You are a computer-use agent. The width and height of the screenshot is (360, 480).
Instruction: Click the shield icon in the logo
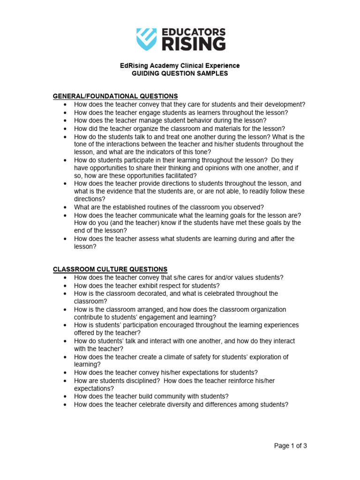(x=146, y=39)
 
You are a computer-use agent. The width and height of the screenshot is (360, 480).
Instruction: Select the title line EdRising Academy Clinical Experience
(x=180, y=66)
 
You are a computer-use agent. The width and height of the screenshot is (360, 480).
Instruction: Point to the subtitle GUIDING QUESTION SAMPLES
(x=180, y=74)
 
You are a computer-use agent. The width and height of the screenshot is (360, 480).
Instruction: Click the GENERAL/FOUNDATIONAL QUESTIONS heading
(x=115, y=96)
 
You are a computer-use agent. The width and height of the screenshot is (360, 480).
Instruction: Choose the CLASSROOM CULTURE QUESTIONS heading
(x=110, y=269)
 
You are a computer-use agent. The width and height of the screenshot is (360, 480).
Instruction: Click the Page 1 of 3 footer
(x=291, y=446)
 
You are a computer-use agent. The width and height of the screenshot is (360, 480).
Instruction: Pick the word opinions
(x=219, y=168)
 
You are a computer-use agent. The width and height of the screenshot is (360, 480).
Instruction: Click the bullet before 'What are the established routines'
(x=64, y=207)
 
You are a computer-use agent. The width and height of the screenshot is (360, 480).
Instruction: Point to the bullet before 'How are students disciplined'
(x=64, y=381)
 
